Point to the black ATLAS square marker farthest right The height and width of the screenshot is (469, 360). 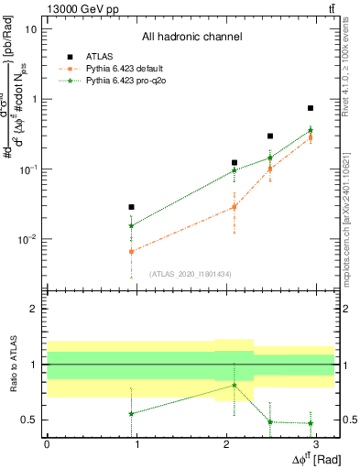click(311, 108)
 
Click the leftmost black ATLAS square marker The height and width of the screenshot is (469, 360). click(132, 207)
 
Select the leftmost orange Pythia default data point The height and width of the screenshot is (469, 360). click(132, 251)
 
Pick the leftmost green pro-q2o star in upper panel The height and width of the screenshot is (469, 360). click(132, 225)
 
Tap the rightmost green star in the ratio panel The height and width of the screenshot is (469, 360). click(311, 423)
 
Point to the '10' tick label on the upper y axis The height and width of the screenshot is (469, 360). click(30, 28)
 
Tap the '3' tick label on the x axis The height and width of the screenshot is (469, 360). click(317, 442)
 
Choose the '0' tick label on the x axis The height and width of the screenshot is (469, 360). click(47, 442)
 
